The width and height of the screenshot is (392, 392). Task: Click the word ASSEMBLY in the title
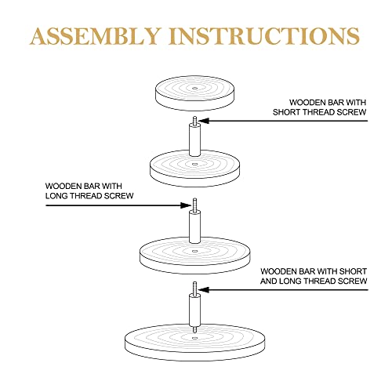pos(96,36)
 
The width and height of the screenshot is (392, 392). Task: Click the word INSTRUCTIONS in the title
pos(265,36)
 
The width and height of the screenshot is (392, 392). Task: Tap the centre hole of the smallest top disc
pos(194,89)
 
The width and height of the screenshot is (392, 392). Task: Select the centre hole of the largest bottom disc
pos(194,338)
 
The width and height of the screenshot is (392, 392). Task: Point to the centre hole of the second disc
pos(194,164)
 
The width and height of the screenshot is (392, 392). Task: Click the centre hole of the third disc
pos(194,251)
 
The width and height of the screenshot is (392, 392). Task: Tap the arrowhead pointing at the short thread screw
pos(204,121)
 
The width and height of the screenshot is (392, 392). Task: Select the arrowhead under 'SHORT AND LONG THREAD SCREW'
pos(204,289)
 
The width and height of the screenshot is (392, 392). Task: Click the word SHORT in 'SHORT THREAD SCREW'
pos(285,112)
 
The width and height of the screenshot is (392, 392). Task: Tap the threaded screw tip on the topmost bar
pos(194,120)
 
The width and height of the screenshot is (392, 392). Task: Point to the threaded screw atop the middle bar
pos(194,205)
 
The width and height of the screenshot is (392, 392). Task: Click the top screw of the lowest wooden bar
pos(194,288)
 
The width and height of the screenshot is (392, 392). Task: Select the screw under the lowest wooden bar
pos(194,329)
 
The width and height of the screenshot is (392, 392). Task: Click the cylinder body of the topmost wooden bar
pos(194,140)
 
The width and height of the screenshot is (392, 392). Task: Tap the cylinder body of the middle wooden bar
pos(194,227)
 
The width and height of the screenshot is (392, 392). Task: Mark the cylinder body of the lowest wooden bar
pos(194,310)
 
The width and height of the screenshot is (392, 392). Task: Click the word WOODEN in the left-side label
pos(64,186)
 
